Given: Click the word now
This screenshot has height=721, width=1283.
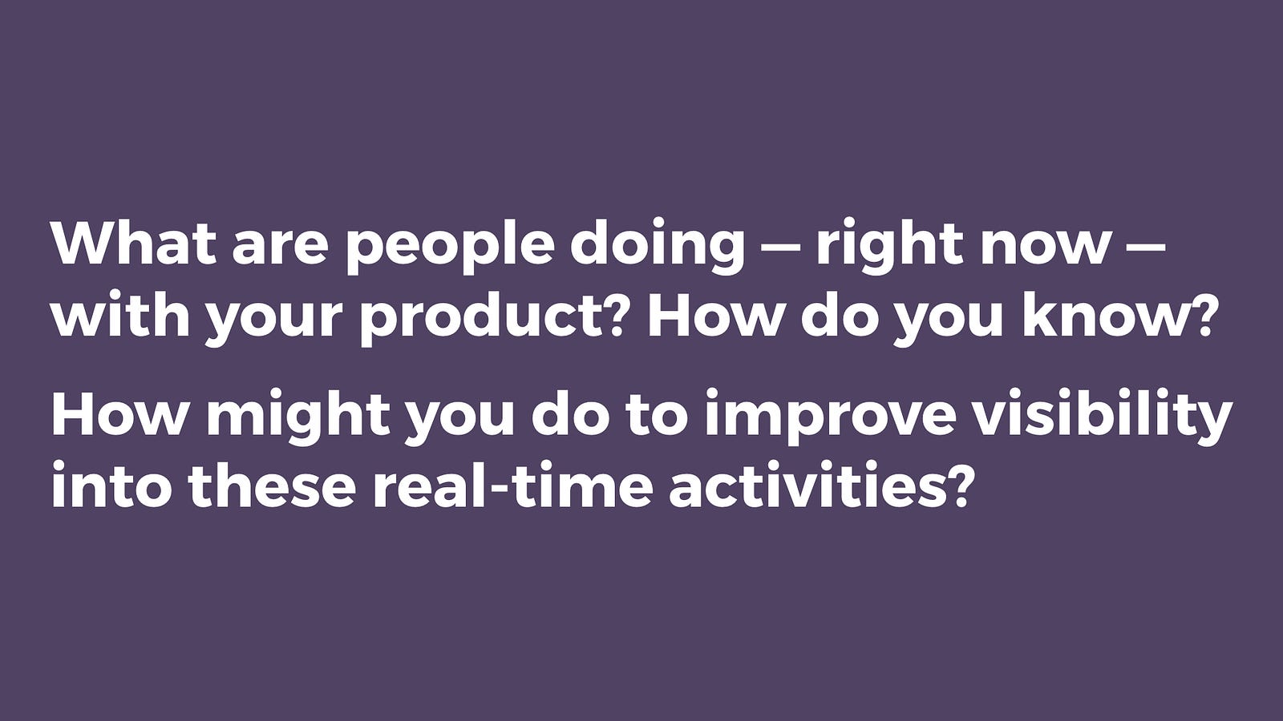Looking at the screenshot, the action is [1044, 251].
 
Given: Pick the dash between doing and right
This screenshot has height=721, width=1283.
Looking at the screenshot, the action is [780, 250].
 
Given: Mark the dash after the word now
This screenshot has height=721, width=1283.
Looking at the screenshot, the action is [1144, 250].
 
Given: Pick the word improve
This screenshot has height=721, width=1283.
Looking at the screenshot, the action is [830, 419].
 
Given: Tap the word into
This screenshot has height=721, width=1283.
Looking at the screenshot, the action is [112, 486].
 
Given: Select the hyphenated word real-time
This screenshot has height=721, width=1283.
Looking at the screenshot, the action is [513, 485].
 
